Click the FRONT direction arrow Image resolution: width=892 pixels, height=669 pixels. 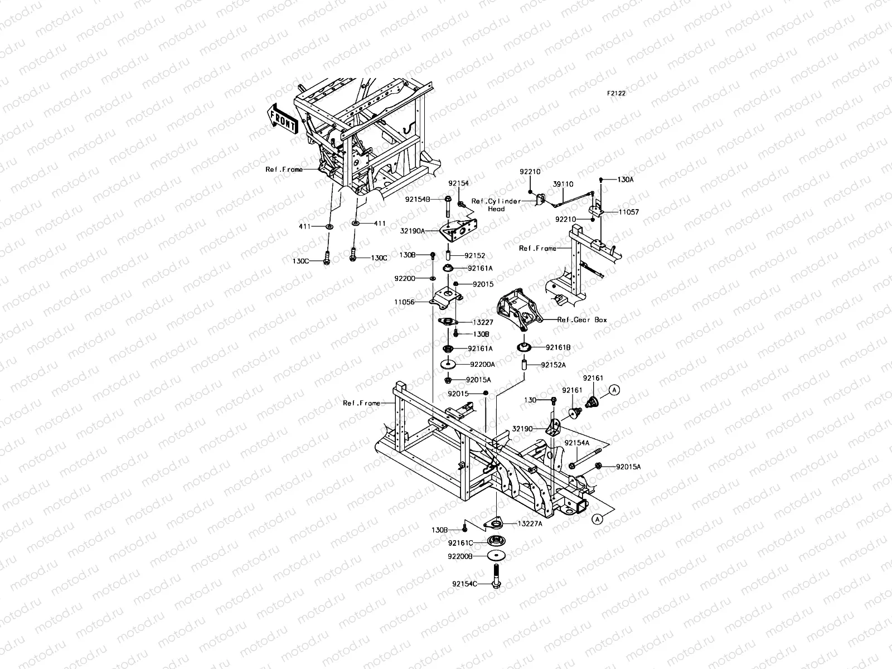283,119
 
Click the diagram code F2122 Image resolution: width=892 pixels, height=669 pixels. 617,93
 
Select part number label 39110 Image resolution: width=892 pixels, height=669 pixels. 563,184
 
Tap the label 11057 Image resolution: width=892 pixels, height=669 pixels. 629,212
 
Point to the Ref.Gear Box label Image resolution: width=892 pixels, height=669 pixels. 582,319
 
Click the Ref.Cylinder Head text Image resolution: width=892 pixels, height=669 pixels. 496,205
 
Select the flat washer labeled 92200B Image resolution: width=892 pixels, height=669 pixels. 496,555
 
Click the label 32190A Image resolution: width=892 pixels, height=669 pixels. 413,231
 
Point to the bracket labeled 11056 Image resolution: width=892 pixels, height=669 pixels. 446,299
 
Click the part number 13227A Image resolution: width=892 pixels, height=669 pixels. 530,523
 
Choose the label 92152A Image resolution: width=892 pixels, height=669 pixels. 553,365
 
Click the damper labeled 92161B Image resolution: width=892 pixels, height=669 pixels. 524,347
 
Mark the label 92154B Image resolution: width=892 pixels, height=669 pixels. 418,200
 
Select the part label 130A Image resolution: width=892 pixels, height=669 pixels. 626,180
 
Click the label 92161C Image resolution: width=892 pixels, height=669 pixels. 460,543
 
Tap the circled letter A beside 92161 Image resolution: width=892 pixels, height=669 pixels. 614,390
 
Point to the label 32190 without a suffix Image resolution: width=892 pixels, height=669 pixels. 522,429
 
